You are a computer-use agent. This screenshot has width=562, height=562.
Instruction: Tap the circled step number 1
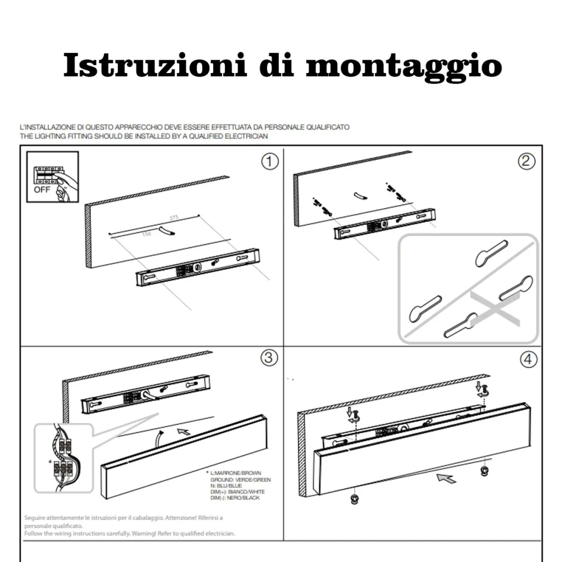coord(270,162)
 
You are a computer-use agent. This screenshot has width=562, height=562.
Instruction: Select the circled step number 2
coord(525,162)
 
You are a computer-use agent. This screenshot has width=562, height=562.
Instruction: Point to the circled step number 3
coord(270,358)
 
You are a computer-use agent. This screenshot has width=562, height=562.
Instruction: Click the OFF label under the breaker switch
coord(42,189)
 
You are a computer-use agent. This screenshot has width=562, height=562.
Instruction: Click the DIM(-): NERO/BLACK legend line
coord(235,498)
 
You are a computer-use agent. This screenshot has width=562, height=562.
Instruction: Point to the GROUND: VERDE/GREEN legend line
coord(241,479)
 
